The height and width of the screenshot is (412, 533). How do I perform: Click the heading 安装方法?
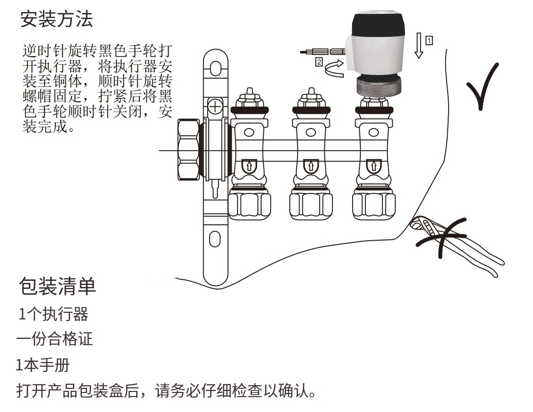click(57, 20)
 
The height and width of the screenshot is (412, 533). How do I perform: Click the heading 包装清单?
click(57, 286)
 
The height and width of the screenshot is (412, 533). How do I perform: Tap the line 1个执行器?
click(53, 314)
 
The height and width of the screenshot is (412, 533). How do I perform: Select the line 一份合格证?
click(54, 339)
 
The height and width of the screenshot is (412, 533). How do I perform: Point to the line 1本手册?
click(43, 366)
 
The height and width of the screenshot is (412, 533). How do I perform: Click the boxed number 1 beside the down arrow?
click(429, 40)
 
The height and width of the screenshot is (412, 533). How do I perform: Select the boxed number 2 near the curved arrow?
click(319, 62)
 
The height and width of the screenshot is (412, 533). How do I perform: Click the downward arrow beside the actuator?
click(419, 45)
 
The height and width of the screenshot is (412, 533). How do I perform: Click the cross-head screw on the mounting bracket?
click(215, 107)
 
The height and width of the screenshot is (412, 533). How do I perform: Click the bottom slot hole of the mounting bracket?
click(215, 239)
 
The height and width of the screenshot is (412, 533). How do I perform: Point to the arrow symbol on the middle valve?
click(310, 166)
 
